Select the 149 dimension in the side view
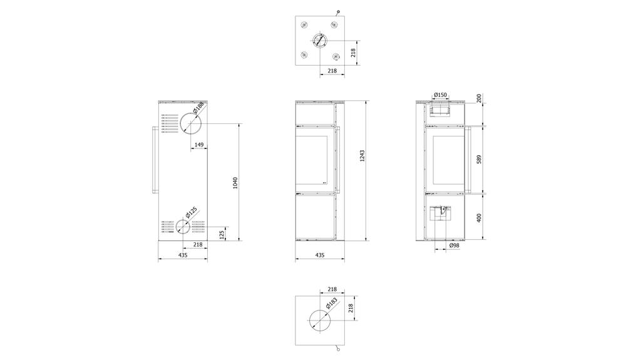click(199, 145)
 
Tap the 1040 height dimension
click(235, 183)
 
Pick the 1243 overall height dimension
click(362, 157)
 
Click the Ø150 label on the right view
click(441, 95)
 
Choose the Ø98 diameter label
click(454, 246)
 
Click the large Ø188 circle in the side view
click(191, 124)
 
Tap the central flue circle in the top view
click(319, 41)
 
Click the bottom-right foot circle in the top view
click(335, 56)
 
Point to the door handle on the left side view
click(153, 160)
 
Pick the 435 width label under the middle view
click(319, 255)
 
